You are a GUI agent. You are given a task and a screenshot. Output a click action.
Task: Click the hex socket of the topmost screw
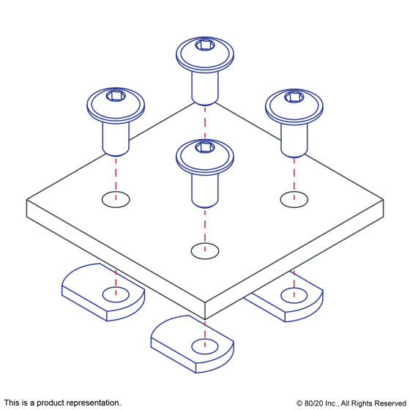pos(205,45)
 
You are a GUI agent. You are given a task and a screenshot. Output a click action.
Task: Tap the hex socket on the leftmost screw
pos(116,96)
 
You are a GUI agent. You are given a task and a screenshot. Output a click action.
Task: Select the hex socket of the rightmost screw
pos(294,97)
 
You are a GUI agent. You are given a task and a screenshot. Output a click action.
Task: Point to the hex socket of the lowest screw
pos(205,148)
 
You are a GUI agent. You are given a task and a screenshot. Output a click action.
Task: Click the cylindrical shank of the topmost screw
pos(205,88)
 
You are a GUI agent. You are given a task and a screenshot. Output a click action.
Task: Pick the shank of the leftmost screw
pos(116,139)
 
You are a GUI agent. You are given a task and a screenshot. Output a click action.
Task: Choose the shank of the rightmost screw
pos(294,141)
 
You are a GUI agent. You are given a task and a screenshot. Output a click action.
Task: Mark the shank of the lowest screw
pos(205,190)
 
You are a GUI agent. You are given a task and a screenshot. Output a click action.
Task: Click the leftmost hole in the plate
pos(116,199)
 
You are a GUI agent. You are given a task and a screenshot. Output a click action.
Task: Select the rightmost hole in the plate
pos(294,199)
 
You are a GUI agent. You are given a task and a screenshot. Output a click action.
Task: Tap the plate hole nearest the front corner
pos(205,251)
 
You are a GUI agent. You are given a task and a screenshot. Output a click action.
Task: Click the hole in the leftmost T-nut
pos(116,294)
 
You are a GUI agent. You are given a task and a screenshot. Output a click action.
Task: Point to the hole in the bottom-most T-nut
pos(205,346)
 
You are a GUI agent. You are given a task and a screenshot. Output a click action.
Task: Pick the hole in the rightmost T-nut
pos(294,296)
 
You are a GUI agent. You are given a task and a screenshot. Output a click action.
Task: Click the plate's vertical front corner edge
pos(205,311)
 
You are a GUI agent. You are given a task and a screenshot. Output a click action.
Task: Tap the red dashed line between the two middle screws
pos(205,122)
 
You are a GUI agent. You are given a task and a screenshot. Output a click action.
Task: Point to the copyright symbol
pos(299,403)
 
